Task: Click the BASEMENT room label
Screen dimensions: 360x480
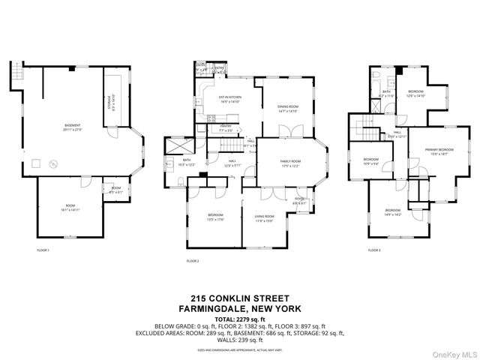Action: tap(73, 127)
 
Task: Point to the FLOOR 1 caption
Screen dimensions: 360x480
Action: tap(43, 250)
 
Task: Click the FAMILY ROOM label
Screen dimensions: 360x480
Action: tap(291, 163)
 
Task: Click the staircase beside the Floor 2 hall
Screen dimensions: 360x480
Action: tap(237, 142)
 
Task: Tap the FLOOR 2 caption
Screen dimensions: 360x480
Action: tap(193, 260)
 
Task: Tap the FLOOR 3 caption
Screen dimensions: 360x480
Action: tap(373, 250)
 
